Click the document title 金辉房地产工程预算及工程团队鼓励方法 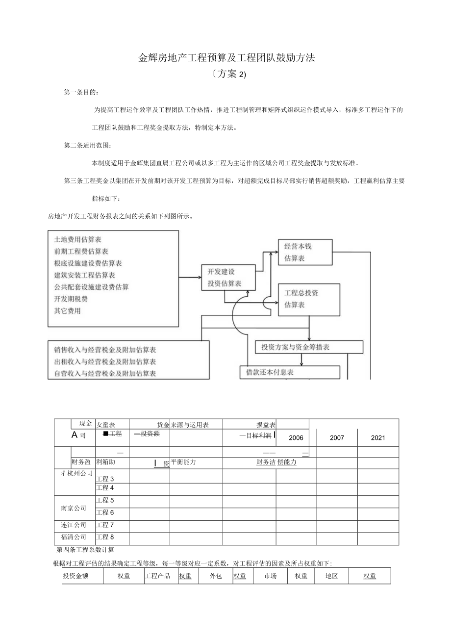pos(226,58)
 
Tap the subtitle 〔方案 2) pos(226,74)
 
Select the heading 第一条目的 pos(81,92)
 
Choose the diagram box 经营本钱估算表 pos(304,252)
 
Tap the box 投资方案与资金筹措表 pos(309,347)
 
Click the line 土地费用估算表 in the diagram pos(78,240)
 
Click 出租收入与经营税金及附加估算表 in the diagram pos(105,362)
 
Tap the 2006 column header pos(296,437)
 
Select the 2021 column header pos(377,437)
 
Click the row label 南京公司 pos(74,508)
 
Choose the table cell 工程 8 pos(105,537)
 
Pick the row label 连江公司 pos(74,525)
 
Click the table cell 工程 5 pos(105,501)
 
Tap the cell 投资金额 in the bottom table pos(75,576)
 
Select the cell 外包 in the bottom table pos(216,576)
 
